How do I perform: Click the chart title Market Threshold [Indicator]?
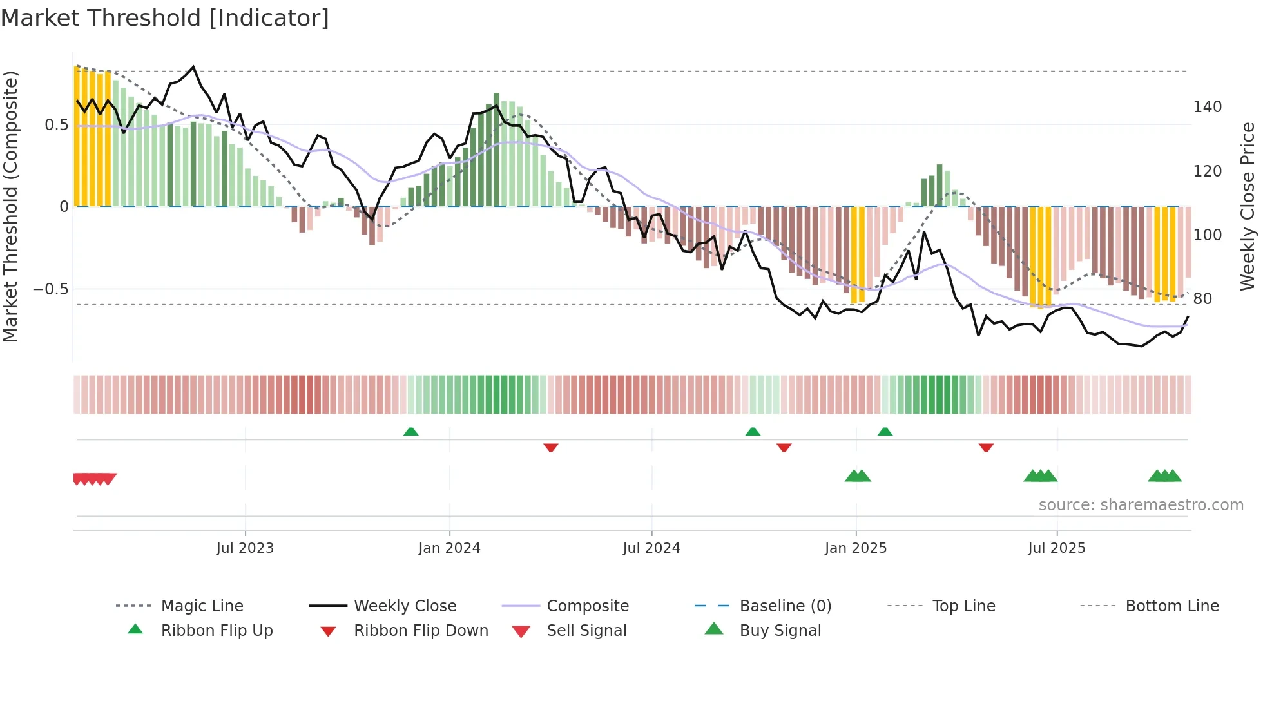pos(165,18)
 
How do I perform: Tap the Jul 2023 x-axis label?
pos(245,548)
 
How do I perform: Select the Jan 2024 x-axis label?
pos(449,548)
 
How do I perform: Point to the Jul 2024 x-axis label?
pos(651,548)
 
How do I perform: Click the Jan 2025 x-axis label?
pos(856,548)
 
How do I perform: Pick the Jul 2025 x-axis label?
pos(1056,548)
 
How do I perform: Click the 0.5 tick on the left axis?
pos(56,125)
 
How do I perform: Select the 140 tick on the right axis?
pos(1207,107)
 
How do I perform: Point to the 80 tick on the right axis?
pos(1202,299)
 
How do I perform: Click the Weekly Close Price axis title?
pos(1248,206)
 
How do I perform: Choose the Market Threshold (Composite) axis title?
pos(10,206)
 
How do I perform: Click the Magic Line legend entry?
pos(202,606)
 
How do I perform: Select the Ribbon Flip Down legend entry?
pos(420,631)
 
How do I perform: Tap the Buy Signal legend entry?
pos(780,631)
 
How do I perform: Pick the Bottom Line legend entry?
pos(1171,606)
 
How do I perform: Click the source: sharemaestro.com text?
pos(1141,505)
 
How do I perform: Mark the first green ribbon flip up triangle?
pos(410,431)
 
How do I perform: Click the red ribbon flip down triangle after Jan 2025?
pos(985,447)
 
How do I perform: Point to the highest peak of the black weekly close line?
pos(193,67)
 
